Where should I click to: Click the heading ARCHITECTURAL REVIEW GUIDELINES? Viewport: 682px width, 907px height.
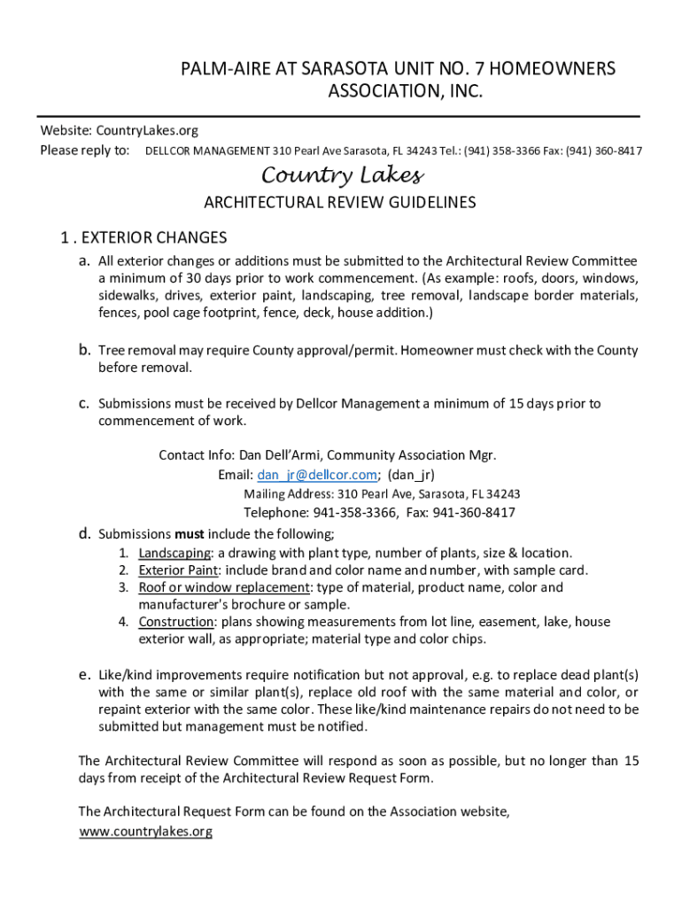coord(340,203)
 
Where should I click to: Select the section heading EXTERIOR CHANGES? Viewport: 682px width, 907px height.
coord(156,237)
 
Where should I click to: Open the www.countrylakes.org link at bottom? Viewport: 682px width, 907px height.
coord(146,832)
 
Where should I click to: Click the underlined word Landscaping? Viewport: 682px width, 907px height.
coord(174,553)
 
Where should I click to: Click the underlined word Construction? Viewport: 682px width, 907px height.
coord(175,622)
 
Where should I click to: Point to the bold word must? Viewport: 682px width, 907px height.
coord(190,534)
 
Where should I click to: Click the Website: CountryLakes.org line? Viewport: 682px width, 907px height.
coord(120,131)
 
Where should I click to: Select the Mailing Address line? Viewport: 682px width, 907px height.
coord(382,494)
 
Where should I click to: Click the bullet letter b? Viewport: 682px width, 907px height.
coord(84,350)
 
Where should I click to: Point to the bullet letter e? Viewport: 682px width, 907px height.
coord(84,675)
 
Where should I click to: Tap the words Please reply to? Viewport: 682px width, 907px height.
coord(85,150)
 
